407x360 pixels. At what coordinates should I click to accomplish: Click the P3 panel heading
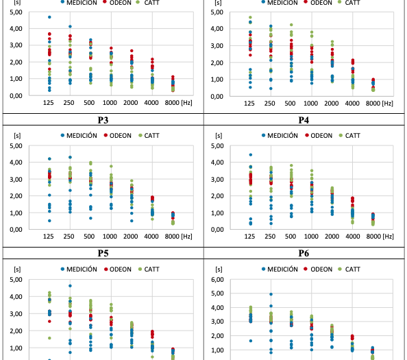pos(103,120)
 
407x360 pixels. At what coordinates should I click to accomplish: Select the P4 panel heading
pos(304,120)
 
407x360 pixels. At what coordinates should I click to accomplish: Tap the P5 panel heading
pos(103,253)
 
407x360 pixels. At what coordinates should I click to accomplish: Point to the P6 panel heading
pos(304,253)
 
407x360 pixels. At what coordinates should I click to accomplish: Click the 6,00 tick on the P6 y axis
pos(217,280)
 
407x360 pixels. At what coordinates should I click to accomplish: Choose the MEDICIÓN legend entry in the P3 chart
pos(79,135)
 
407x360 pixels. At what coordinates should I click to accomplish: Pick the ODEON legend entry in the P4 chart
pos(319,135)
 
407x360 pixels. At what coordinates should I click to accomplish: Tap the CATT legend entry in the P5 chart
pos(149,269)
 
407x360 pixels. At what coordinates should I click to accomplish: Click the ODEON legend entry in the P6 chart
pos(319,269)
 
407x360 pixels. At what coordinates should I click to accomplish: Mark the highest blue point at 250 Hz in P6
pos(271,294)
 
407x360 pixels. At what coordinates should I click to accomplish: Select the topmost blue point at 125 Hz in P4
pos(251,155)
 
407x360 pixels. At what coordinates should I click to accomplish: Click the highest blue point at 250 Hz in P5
pos(70,286)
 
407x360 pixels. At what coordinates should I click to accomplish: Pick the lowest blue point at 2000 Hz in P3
pos(132,221)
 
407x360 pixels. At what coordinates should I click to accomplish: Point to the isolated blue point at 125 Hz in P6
pos(251,341)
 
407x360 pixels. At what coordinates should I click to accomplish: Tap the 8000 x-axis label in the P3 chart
pos(172,237)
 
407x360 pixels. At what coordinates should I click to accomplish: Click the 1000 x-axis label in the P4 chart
pos(311,237)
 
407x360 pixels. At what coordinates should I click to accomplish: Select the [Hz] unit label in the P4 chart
pos(388,237)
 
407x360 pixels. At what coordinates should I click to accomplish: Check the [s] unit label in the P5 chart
pos(17,269)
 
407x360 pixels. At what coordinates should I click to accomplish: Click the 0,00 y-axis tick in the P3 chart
pos(16,229)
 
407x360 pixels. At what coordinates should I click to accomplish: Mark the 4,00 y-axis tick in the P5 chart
pos(16,296)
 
